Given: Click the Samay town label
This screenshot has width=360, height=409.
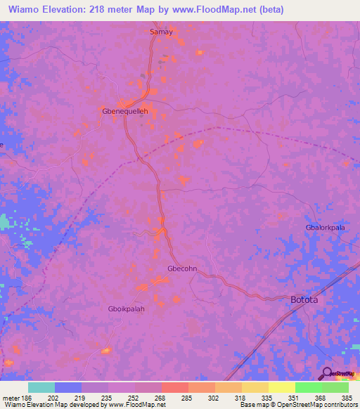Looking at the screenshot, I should pyautogui.click(x=161, y=32).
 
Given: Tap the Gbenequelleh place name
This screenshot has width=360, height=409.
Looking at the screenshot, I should pyautogui.click(x=126, y=112).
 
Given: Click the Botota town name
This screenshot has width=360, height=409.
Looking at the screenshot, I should pyautogui.click(x=304, y=300).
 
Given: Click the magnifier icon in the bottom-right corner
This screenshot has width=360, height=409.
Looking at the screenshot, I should pyautogui.click(x=326, y=374).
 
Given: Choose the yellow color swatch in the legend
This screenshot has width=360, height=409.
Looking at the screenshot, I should pyautogui.click(x=281, y=387).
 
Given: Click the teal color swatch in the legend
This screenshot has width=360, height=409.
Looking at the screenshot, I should pyautogui.click(x=41, y=387).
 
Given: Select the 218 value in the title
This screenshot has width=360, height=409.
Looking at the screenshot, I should pyautogui.click(x=108, y=8).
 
